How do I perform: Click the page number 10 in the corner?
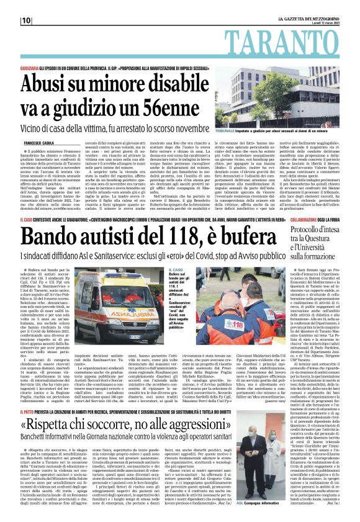(x=26, y=21)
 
